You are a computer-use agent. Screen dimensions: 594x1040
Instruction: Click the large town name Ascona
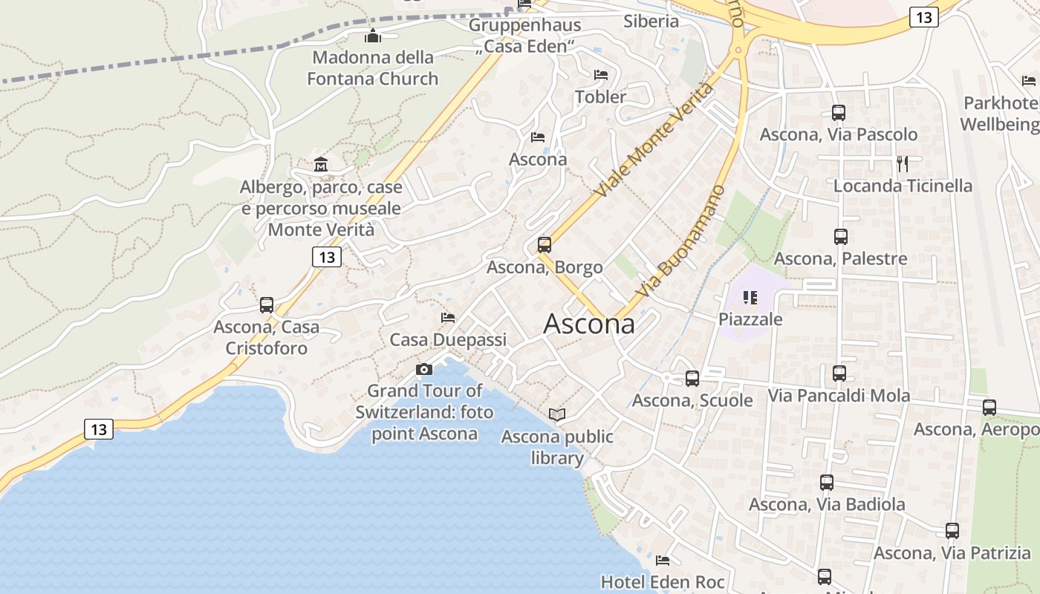click(590, 324)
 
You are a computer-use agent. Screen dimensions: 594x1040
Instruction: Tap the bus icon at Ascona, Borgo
click(545, 245)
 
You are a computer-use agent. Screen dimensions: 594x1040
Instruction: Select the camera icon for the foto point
click(423, 369)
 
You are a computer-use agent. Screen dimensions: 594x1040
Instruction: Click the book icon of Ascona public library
click(557, 414)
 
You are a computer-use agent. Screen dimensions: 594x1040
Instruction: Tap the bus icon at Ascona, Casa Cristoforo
click(266, 304)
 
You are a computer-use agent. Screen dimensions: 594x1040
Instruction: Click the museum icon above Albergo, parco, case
click(321, 164)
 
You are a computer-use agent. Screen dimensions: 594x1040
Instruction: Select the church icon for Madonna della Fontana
click(372, 36)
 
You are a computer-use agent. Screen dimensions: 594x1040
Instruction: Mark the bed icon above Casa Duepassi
click(448, 318)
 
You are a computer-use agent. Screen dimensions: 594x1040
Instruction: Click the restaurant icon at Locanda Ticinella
click(903, 164)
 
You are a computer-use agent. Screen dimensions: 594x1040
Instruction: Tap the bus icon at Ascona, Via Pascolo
click(839, 113)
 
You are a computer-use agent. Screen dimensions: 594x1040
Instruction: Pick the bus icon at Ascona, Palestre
click(841, 237)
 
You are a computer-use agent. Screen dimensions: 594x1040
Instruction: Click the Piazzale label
click(750, 319)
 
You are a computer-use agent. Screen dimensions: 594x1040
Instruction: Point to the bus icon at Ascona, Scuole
click(692, 379)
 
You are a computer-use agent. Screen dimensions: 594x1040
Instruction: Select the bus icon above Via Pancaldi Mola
click(839, 373)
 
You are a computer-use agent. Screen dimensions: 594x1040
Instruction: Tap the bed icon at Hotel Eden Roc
click(663, 560)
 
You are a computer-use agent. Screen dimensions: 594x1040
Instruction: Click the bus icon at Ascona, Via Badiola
click(827, 483)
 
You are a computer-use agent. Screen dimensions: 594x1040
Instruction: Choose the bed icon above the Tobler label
click(601, 75)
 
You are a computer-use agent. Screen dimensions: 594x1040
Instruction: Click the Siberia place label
click(651, 21)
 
